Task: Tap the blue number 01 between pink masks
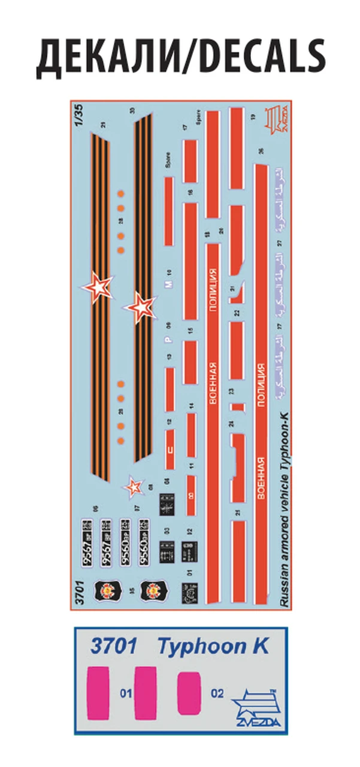pyautogui.click(x=125, y=694)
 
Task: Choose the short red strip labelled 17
pyautogui.click(x=190, y=158)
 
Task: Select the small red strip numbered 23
pyautogui.click(x=237, y=407)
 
